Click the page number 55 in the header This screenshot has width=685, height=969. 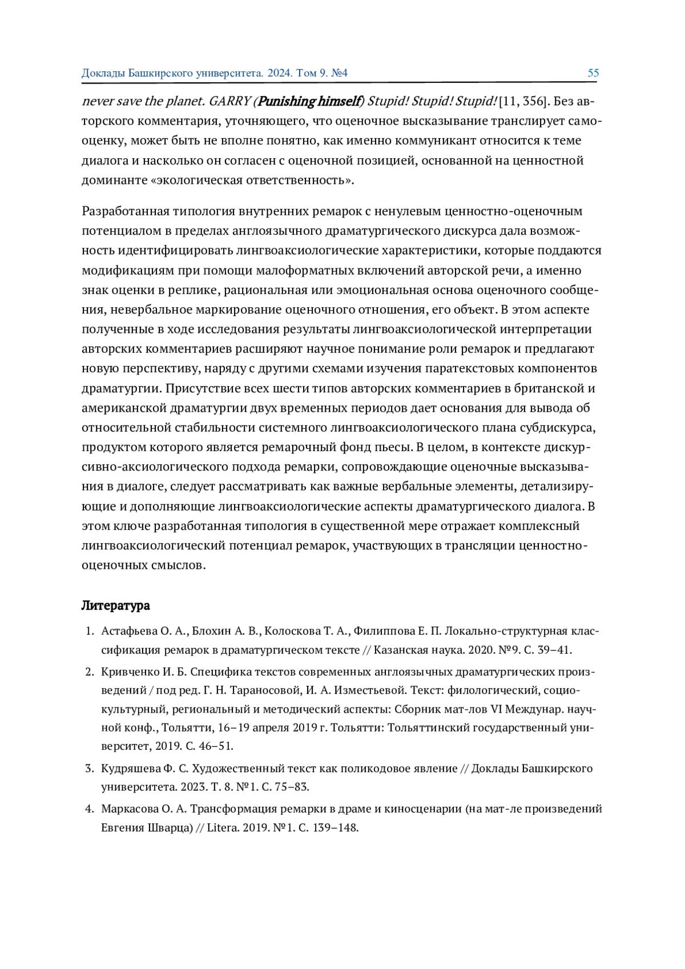tap(593, 73)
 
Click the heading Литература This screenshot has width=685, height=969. tap(115, 605)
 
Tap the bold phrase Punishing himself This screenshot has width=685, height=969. tap(308, 102)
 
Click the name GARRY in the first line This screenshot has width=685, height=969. tap(229, 102)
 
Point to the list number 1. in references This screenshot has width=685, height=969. tap(90, 631)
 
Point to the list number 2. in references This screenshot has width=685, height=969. tap(90, 672)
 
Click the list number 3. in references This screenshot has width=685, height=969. tap(90, 768)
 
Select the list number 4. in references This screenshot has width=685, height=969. tap(90, 809)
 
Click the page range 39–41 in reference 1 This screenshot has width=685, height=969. tap(555, 650)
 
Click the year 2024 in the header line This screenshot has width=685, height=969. tap(280, 73)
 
